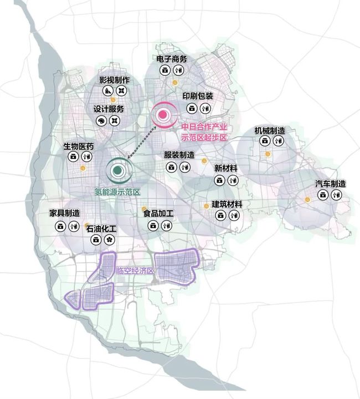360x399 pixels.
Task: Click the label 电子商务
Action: [171, 59]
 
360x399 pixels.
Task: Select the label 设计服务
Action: [109, 109]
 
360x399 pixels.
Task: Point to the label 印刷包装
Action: [198, 96]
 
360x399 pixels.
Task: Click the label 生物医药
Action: [79, 147]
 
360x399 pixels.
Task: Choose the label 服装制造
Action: [179, 155]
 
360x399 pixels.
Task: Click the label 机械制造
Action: [270, 131]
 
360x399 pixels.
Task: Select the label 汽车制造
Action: [331, 184]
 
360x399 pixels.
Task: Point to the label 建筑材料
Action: [227, 204]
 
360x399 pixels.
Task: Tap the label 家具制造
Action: [65, 213]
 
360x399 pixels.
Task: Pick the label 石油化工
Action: [101, 228]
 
